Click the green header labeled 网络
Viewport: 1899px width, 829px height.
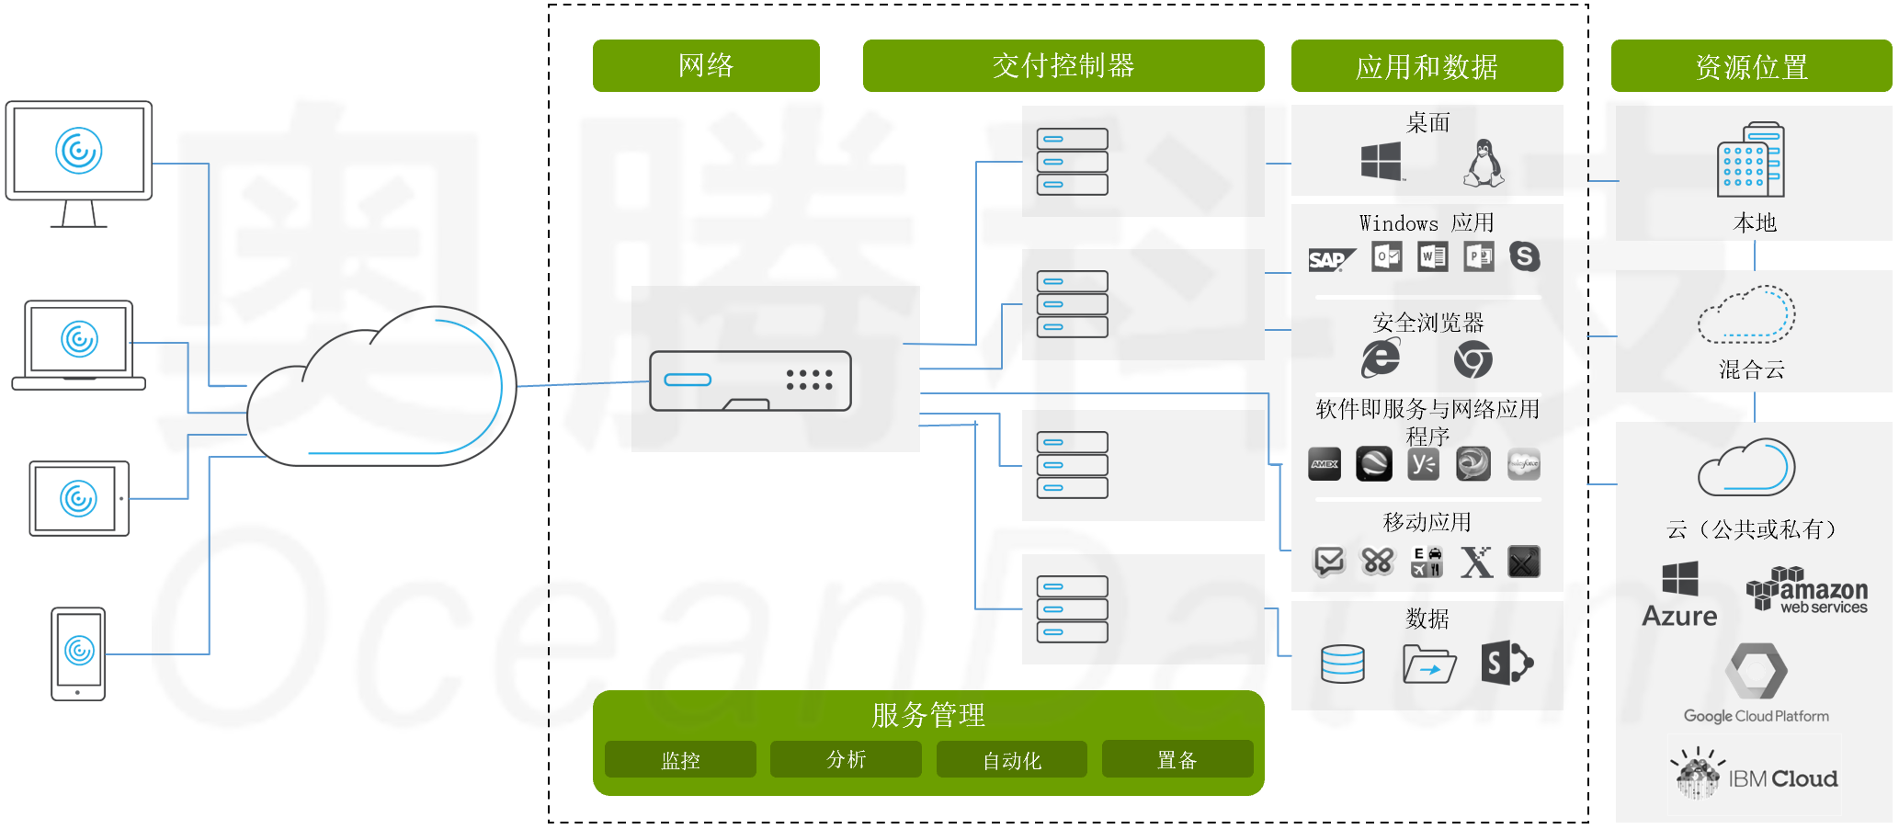click(706, 65)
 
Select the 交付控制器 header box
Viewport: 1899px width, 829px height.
click(1063, 65)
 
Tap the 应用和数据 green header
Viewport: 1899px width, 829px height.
click(1427, 66)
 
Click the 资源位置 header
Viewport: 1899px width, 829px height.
click(1751, 66)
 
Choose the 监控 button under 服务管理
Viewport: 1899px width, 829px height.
click(680, 760)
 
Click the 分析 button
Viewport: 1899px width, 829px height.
click(846, 759)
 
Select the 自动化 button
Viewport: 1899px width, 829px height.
click(1012, 760)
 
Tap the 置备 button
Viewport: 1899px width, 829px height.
click(1177, 759)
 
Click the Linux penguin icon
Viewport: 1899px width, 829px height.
click(1483, 164)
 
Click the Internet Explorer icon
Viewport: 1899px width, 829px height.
click(1381, 358)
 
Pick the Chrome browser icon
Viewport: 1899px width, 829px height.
click(1473, 359)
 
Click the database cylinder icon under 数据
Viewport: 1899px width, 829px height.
click(1343, 664)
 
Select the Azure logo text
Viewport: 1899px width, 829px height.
click(1679, 616)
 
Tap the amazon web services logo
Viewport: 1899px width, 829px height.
click(1807, 590)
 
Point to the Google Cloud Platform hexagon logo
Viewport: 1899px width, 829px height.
click(1757, 671)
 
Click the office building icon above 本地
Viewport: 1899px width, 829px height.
click(1751, 159)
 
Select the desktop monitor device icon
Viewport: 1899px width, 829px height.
click(79, 164)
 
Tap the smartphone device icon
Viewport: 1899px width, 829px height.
click(78, 653)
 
